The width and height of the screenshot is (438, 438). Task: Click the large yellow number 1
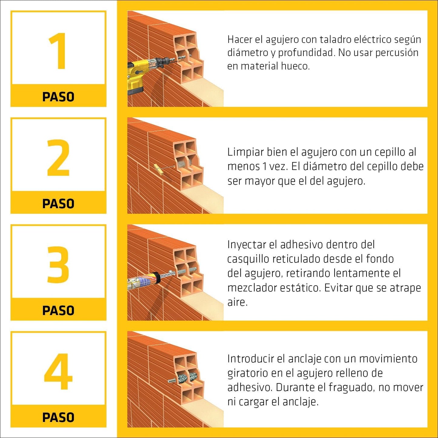[58, 51]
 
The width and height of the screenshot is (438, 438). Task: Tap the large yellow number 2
[58, 158]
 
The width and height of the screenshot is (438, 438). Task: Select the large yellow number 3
[58, 264]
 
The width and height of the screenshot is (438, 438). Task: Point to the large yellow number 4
[58, 371]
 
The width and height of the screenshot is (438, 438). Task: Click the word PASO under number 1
[58, 97]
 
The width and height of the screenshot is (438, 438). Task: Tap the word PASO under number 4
[58, 417]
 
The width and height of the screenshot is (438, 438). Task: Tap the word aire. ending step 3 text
[237, 302]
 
